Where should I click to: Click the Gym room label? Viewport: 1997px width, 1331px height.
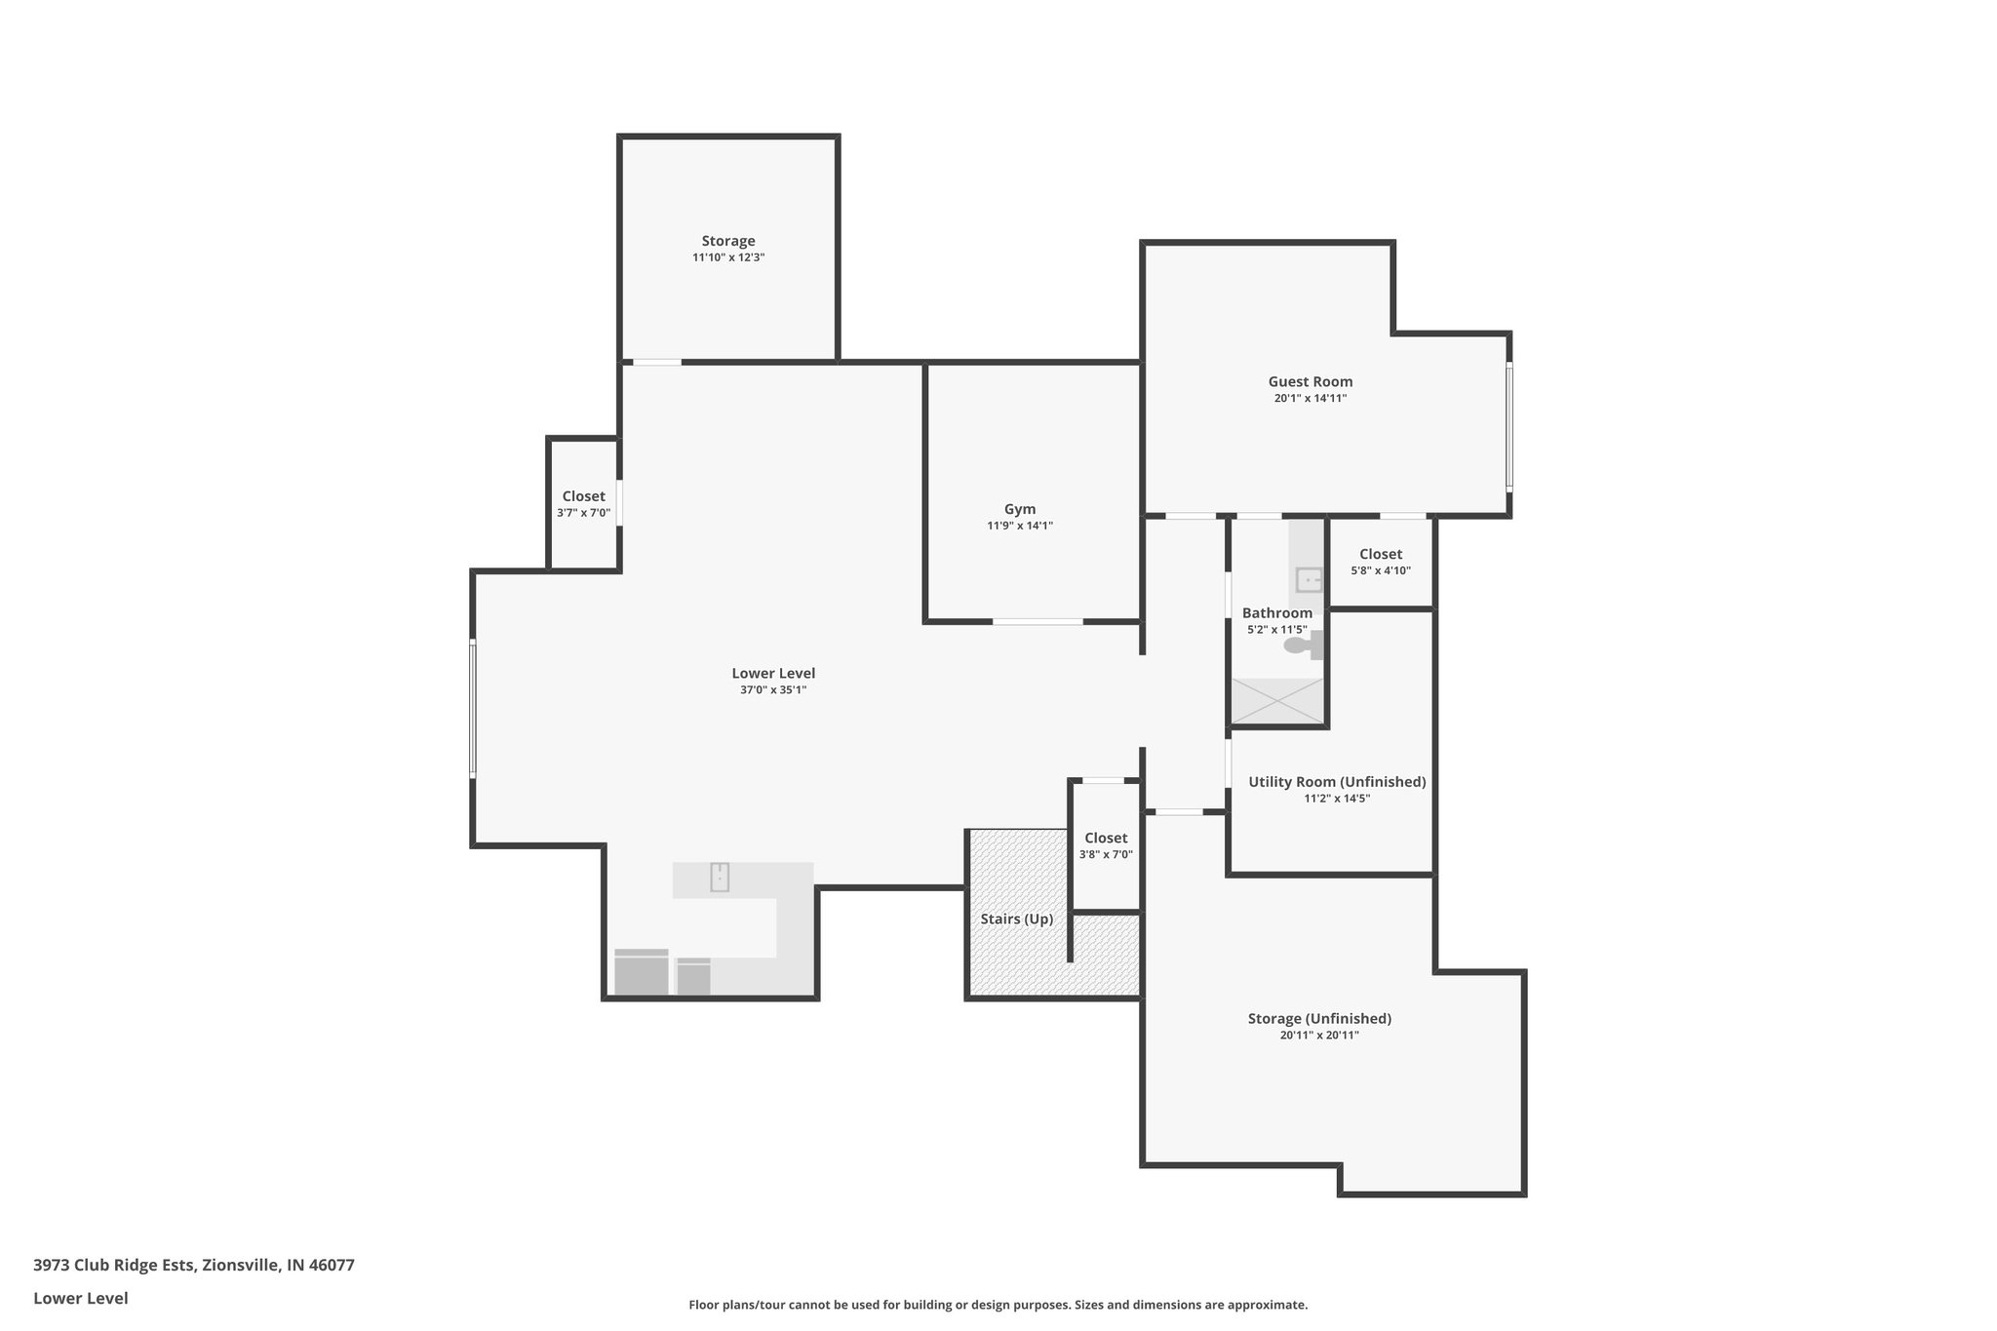[1020, 509]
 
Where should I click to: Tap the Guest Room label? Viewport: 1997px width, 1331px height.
[1310, 381]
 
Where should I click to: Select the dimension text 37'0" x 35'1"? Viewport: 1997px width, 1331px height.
[773, 690]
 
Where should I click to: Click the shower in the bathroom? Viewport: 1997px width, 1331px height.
[1277, 700]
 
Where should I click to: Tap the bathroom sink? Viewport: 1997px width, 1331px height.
[1309, 579]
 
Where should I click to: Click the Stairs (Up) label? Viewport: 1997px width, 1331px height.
[1017, 919]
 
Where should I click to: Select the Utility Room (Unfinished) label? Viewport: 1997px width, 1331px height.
[1337, 781]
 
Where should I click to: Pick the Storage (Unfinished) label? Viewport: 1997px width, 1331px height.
[1319, 1018]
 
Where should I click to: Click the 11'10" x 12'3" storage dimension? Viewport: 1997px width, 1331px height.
[728, 257]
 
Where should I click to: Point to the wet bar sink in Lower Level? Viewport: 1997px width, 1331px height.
[720, 877]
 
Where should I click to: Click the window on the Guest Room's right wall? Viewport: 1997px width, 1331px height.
[1509, 425]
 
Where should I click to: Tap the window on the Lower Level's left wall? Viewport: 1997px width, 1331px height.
[473, 708]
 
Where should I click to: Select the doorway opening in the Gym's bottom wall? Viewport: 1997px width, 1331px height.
[1038, 621]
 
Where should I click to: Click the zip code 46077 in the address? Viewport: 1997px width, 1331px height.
[332, 1266]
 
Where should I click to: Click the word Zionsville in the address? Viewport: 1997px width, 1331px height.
[241, 1266]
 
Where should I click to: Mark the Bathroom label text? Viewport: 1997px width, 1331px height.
[1277, 612]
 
